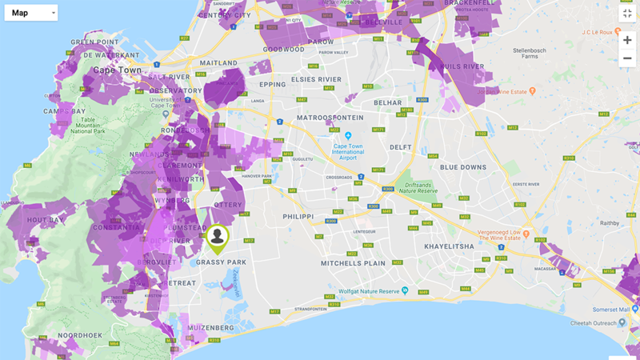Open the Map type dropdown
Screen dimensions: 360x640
pyautogui.click(x=30, y=13)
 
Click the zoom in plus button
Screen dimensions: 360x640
pyautogui.click(x=627, y=40)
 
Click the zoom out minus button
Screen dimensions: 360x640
pyautogui.click(x=627, y=58)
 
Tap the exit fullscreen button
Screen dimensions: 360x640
pyautogui.click(x=627, y=13)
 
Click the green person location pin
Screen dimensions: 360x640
pyautogui.click(x=217, y=238)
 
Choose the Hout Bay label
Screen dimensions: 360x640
pyautogui.click(x=44, y=219)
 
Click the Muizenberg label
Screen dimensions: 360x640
pyautogui.click(x=212, y=328)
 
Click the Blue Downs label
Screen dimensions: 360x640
pyautogui.click(x=462, y=166)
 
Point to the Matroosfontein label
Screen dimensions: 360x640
pyautogui.click(x=330, y=118)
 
